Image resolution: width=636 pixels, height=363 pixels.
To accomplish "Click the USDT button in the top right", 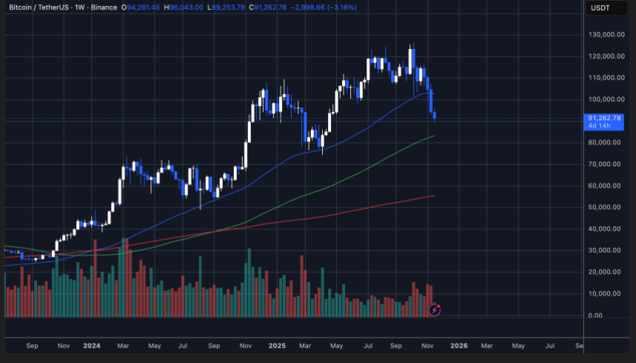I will point(599,7).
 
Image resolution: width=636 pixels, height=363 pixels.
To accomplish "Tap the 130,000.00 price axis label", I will point(605,35).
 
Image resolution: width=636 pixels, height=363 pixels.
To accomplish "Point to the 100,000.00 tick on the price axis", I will point(605,99).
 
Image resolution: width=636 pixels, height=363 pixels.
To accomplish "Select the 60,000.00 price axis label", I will point(605,186).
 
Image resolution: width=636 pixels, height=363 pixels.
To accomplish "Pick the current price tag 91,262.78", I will point(604,118).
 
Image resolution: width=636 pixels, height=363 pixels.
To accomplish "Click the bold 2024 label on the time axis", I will point(92,345).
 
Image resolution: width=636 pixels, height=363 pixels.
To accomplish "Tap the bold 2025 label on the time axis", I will point(278,345).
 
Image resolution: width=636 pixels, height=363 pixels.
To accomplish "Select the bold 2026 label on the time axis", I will point(459,345).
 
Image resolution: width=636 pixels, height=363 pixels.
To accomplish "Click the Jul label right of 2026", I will point(550,345).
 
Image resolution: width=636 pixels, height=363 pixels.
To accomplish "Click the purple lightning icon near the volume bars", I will point(435,310).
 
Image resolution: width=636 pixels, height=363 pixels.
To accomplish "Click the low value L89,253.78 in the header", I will point(227,7).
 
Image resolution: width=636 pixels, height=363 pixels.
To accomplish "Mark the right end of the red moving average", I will point(434,196).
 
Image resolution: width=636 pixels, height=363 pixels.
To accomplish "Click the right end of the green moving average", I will point(434,136).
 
